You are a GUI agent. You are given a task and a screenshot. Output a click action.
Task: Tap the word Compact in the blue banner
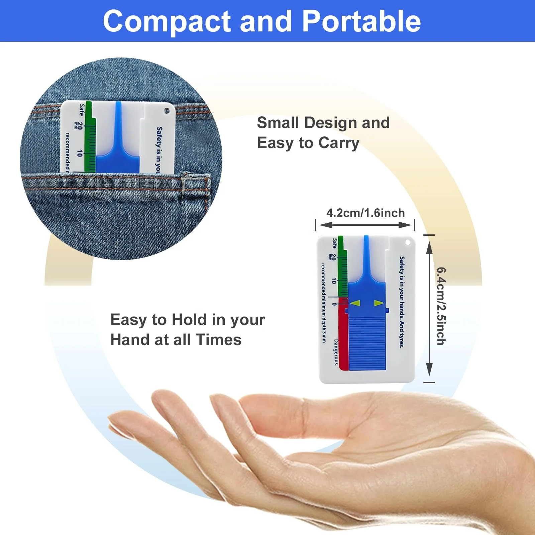(167, 22)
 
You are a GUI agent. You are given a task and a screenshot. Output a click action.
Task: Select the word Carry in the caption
(339, 143)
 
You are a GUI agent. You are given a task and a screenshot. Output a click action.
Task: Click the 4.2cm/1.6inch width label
(365, 213)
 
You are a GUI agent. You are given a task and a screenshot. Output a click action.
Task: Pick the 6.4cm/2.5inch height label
(441, 306)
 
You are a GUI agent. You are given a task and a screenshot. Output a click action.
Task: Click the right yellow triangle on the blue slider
(379, 303)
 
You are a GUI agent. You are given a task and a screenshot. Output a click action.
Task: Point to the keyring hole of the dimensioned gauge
(408, 242)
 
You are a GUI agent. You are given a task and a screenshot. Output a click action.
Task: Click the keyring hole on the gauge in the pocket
(167, 111)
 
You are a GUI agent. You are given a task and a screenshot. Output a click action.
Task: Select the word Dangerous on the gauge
(336, 352)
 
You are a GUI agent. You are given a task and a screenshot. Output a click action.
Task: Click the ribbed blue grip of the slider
(367, 344)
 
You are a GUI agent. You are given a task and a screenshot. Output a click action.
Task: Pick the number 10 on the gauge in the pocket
(79, 153)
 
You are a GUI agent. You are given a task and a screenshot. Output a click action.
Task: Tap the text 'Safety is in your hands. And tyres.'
(402, 302)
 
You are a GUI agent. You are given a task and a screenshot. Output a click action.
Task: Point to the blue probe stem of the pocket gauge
(118, 124)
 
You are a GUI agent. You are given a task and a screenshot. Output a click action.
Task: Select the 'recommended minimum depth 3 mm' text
(323, 303)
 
